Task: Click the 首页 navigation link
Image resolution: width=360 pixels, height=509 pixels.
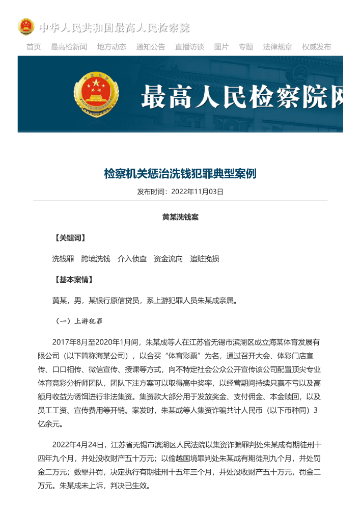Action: [34, 47]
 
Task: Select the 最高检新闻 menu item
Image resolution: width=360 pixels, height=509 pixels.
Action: [69, 47]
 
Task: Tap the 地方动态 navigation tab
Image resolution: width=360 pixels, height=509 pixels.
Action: [112, 47]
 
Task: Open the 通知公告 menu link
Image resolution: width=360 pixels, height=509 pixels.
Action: [151, 47]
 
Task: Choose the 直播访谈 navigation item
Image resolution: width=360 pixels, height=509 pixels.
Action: [189, 47]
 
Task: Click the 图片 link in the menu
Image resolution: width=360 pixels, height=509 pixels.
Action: [221, 47]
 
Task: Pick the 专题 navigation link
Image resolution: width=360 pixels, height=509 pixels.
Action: [246, 47]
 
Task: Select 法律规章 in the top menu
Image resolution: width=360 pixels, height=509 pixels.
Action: [278, 47]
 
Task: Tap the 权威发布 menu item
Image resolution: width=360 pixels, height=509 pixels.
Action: [316, 47]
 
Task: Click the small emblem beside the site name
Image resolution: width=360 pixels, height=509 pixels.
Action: [26, 27]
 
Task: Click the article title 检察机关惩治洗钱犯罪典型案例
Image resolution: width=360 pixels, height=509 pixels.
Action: [180, 174]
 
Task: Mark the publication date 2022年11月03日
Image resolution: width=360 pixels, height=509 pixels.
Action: [198, 192]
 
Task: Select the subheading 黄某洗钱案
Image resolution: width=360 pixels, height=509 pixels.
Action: [180, 217]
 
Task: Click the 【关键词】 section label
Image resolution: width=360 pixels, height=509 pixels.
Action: [70, 238]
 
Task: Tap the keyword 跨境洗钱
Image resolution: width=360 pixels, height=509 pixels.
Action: [96, 259]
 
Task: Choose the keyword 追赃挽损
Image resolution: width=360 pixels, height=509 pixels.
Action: [205, 259]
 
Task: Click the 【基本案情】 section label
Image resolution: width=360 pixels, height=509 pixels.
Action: [74, 280]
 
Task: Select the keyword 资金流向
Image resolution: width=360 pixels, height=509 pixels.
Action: [168, 259]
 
